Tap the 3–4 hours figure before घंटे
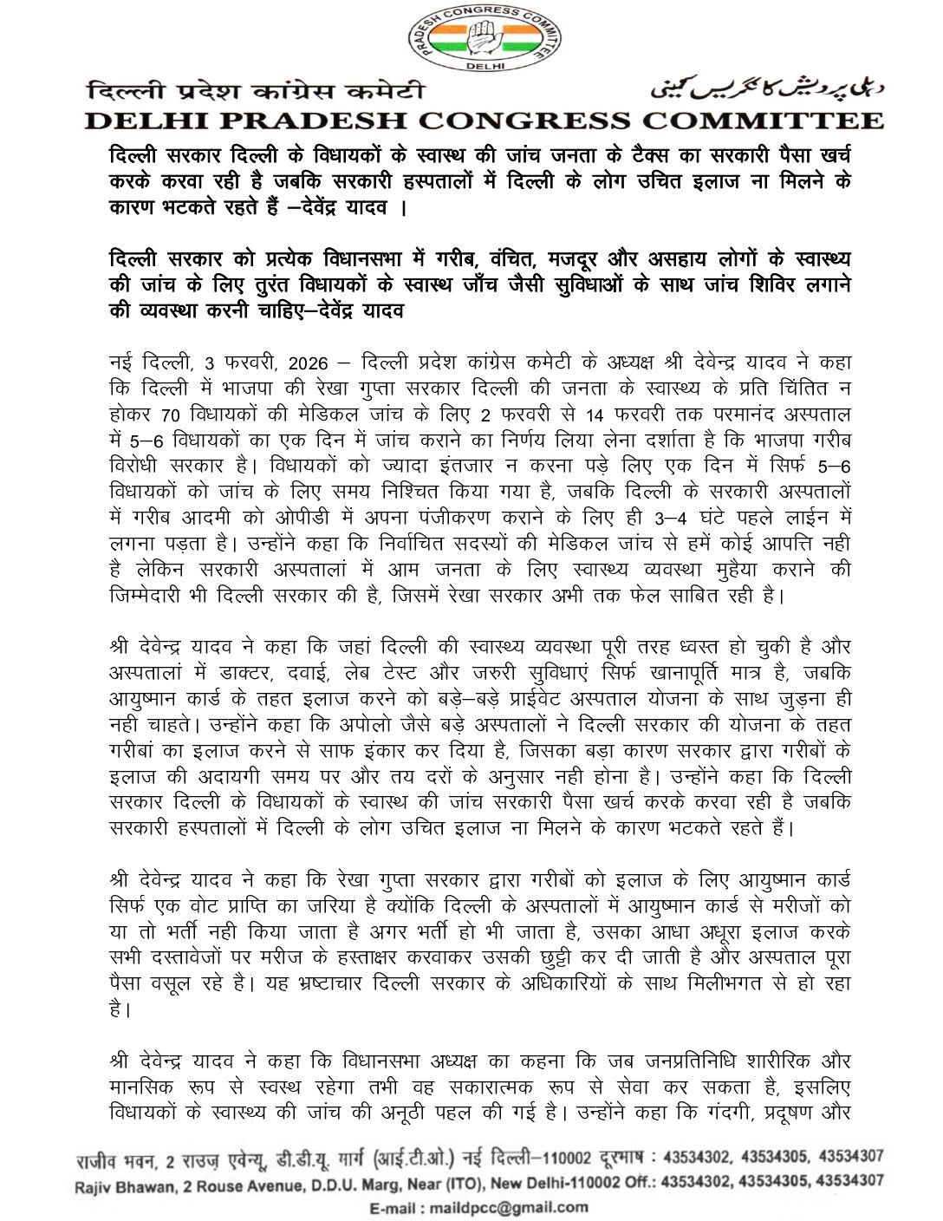(x=671, y=518)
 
